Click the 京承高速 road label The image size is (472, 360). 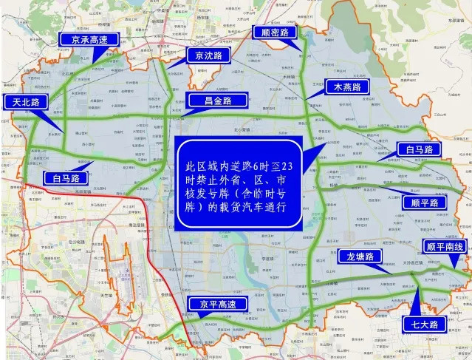(84, 40)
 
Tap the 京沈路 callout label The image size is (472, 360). (208, 55)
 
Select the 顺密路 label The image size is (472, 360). (274, 32)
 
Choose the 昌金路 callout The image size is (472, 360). (214, 101)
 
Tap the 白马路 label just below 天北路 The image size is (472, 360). (66, 177)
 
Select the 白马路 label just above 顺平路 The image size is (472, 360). (417, 149)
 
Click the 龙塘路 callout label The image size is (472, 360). (359, 257)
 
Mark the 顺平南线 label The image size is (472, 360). (444, 247)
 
